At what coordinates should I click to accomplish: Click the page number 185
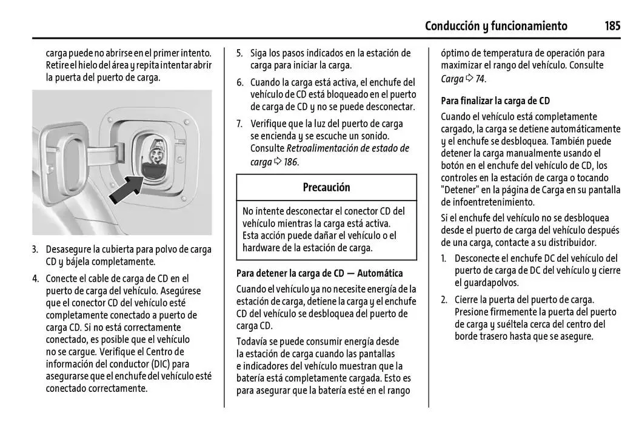coord(612,26)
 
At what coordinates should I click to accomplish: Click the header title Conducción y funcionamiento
coord(496,26)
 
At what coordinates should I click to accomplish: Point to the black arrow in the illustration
coord(130,189)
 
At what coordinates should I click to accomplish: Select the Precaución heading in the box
coord(326,188)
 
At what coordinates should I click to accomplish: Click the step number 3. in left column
coord(35,250)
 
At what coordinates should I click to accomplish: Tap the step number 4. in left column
coord(35,279)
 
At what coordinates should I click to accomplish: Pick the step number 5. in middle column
coord(239,53)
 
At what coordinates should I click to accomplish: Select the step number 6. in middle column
coord(239,82)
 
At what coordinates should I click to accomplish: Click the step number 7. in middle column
coord(239,124)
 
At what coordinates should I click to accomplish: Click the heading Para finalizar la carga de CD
coord(495,101)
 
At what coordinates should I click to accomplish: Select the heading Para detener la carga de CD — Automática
coord(319,274)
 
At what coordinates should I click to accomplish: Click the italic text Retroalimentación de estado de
coord(347,148)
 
